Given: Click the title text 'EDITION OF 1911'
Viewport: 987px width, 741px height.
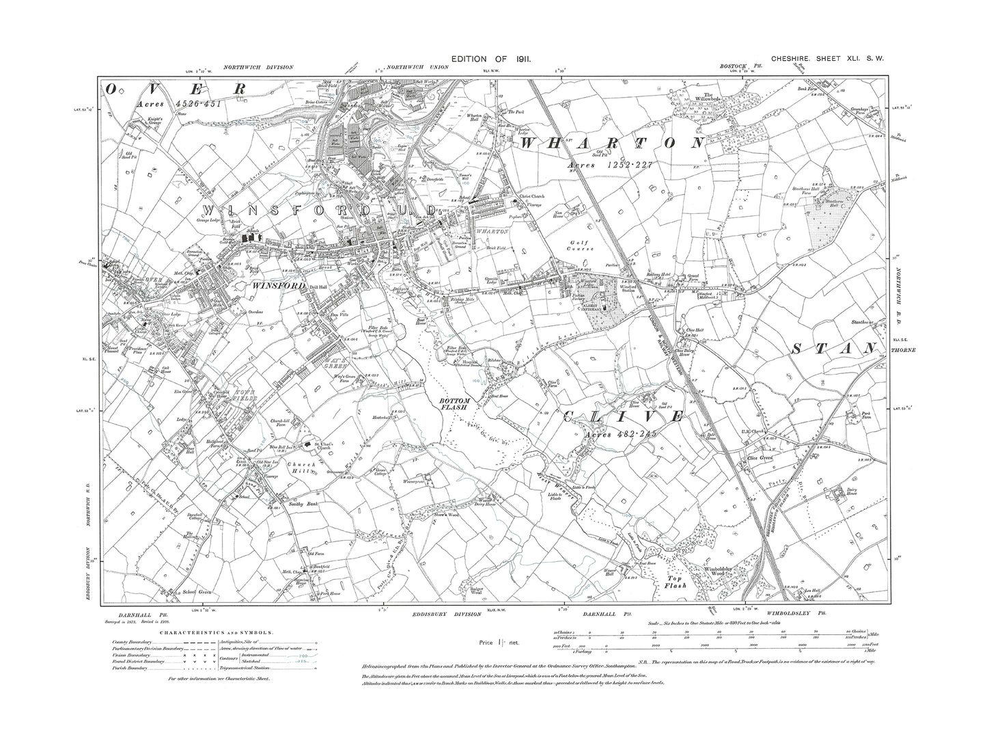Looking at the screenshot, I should [491, 61].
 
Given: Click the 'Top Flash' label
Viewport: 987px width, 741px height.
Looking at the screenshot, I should [677, 581].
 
